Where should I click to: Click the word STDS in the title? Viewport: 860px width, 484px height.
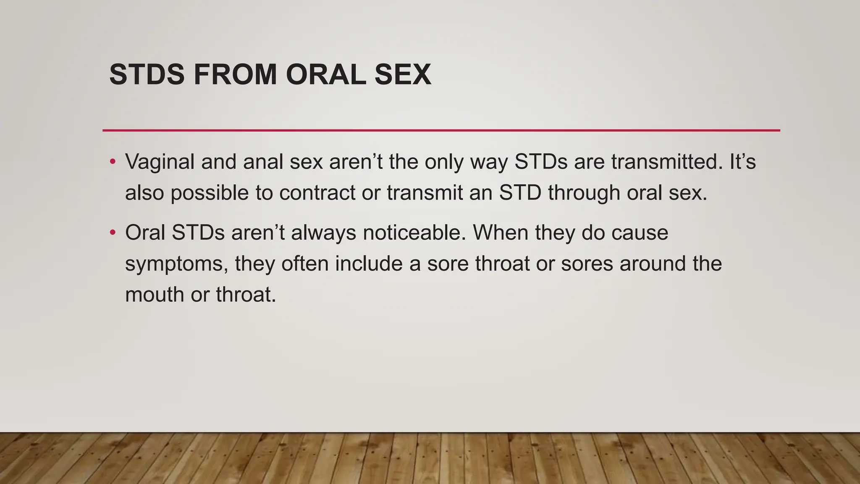(147, 75)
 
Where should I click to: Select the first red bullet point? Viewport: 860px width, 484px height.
(112, 162)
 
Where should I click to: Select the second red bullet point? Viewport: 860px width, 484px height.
(112, 233)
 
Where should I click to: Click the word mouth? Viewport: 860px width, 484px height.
(154, 295)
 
